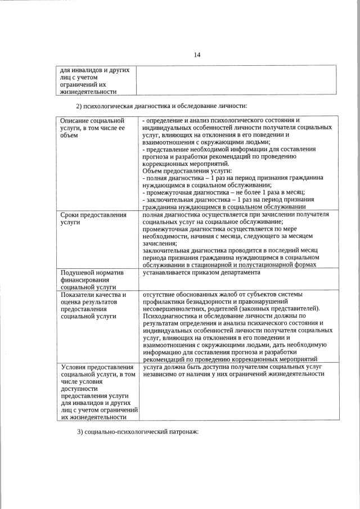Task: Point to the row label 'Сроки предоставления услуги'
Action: pos(92,218)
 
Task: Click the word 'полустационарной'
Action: pos(276,265)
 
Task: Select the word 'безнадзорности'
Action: pos(204,301)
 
